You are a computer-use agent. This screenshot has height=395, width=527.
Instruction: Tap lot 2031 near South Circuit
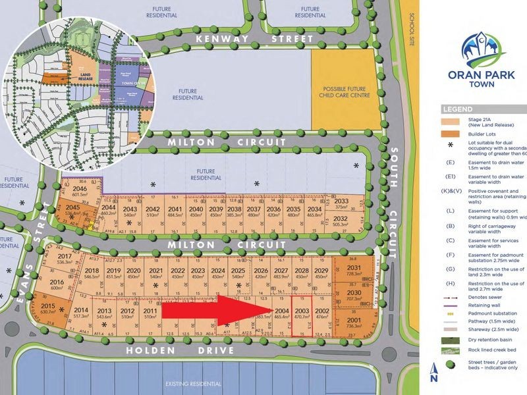point(355,271)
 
